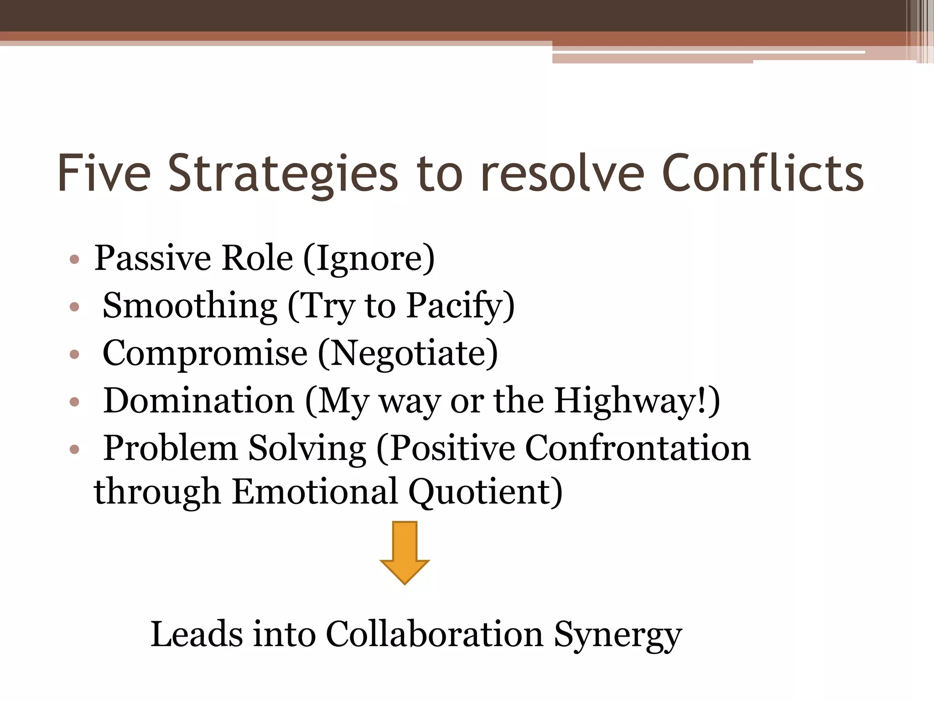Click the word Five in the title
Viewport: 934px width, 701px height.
pyautogui.click(x=104, y=173)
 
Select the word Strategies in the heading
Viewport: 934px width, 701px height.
pyautogui.click(x=283, y=173)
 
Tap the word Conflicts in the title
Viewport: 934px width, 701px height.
pyautogui.click(x=763, y=173)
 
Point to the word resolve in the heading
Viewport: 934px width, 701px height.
pyautogui.click(x=563, y=173)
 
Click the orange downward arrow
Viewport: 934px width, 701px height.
pyautogui.click(x=405, y=552)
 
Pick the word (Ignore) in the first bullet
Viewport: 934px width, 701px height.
pyautogui.click(x=369, y=258)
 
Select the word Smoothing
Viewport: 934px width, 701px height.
pyautogui.click(x=190, y=306)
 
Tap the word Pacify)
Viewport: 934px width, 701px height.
pyautogui.click(x=461, y=306)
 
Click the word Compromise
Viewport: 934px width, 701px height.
pyautogui.click(x=205, y=353)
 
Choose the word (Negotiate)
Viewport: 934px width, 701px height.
pyautogui.click(x=408, y=353)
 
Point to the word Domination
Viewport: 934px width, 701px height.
pyautogui.click(x=199, y=401)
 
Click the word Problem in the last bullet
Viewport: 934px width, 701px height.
pyautogui.click(x=171, y=448)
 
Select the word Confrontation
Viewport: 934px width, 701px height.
pyautogui.click(x=638, y=448)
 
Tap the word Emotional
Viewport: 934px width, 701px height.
pyautogui.click(x=315, y=492)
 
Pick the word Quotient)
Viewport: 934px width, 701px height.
pyautogui.click(x=485, y=492)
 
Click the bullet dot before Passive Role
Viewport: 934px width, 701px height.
pyautogui.click(x=74, y=260)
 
